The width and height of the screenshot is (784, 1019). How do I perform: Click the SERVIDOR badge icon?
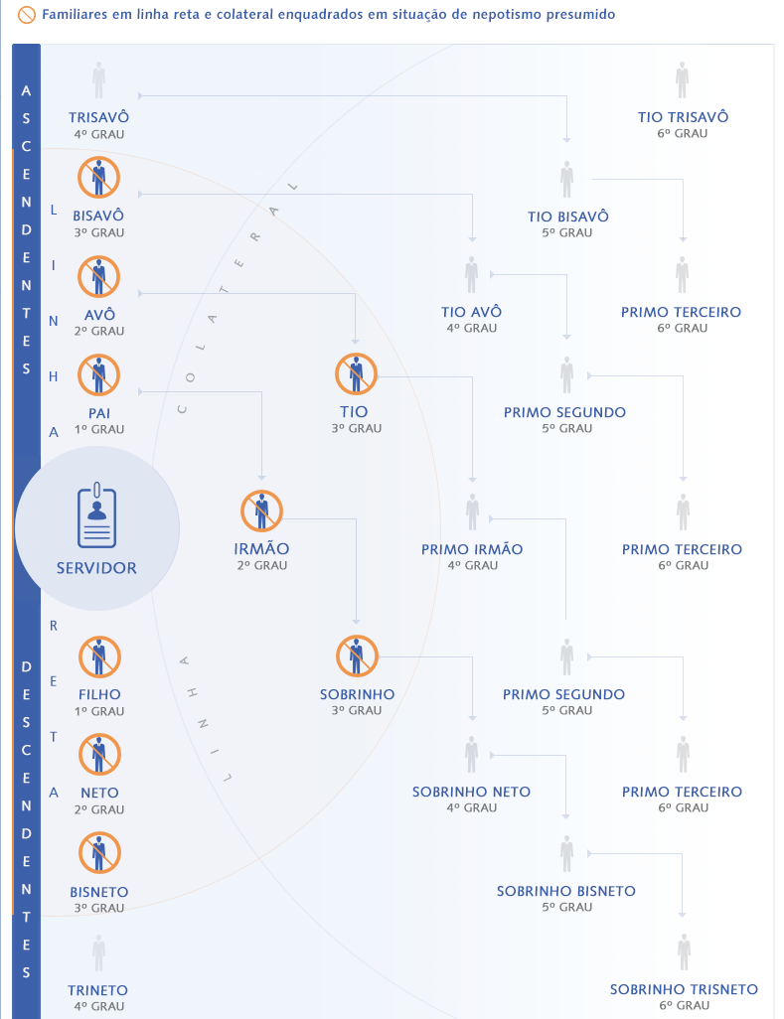click(96, 516)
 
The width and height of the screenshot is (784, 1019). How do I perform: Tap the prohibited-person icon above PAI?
click(98, 375)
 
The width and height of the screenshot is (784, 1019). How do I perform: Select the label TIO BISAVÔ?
click(567, 217)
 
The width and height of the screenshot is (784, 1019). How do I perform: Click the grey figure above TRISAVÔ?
click(98, 79)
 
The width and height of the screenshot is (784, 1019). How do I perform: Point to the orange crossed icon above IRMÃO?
click(261, 510)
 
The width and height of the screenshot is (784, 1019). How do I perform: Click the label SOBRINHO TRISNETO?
click(684, 989)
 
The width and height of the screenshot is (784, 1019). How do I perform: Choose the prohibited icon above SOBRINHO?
click(357, 656)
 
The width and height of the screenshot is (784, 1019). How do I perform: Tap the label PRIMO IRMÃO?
click(472, 549)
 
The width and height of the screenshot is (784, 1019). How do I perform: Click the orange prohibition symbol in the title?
click(27, 14)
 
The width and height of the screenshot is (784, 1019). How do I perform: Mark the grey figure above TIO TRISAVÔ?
click(682, 79)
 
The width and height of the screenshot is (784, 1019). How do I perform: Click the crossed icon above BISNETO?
click(99, 852)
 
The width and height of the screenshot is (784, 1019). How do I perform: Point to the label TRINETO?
click(98, 990)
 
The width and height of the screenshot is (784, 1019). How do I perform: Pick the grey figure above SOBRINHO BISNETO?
click(566, 853)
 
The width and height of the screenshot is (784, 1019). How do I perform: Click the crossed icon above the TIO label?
click(357, 374)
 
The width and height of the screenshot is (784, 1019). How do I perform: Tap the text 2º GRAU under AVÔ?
click(98, 331)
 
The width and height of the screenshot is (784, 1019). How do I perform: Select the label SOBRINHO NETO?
click(471, 792)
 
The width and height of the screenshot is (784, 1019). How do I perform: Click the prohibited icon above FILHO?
click(99, 657)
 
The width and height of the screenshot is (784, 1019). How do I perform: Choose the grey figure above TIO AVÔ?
click(471, 275)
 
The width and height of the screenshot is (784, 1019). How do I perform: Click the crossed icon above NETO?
click(99, 755)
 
